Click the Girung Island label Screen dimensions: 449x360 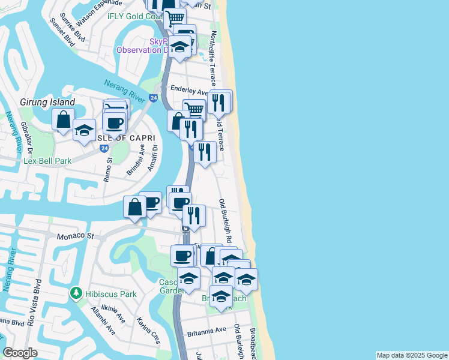(x=47, y=103)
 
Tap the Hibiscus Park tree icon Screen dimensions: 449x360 (x=76, y=294)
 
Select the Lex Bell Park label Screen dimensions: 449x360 (x=47, y=161)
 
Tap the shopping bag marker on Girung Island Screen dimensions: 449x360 (x=63, y=119)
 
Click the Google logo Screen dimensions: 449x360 (x=20, y=353)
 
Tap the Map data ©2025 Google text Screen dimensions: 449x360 (x=411, y=355)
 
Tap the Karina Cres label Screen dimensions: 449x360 (x=148, y=331)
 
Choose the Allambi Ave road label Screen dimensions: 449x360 (x=103, y=322)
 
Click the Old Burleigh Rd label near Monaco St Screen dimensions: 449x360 (x=226, y=221)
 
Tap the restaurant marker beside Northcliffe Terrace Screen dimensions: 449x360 (x=220, y=103)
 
